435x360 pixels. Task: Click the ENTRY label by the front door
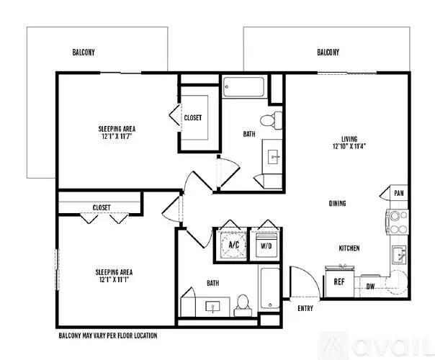(x=305, y=308)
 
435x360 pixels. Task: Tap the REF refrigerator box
(x=339, y=282)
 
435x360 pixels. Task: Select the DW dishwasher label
(x=371, y=287)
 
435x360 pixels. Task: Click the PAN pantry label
(x=399, y=193)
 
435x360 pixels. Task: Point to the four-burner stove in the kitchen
(x=397, y=222)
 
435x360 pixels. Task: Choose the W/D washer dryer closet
(x=266, y=245)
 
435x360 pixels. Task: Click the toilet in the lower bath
(x=243, y=305)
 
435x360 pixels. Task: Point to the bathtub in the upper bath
(x=243, y=87)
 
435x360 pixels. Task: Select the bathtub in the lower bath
(x=270, y=288)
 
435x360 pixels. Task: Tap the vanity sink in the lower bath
(x=212, y=307)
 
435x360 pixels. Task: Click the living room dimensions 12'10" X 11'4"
(x=349, y=146)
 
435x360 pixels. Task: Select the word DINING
(x=337, y=203)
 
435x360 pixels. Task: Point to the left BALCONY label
(x=84, y=52)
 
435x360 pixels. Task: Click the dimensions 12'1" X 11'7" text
(x=117, y=136)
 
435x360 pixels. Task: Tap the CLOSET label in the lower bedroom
(x=102, y=207)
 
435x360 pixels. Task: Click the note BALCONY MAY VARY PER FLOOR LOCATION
(x=108, y=336)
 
